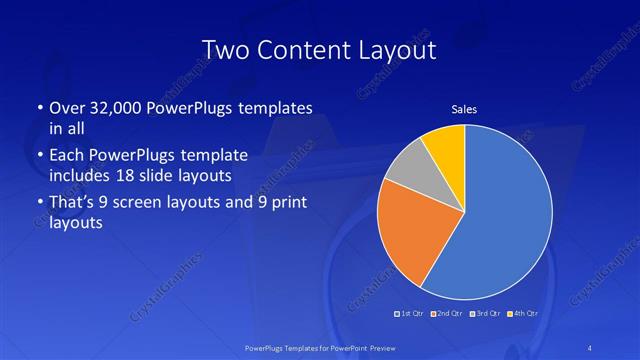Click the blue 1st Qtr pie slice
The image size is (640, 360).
[x=500, y=210]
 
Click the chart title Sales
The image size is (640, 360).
[x=464, y=109]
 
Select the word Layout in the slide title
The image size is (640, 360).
[x=397, y=50]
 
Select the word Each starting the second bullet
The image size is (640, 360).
[x=65, y=156]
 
